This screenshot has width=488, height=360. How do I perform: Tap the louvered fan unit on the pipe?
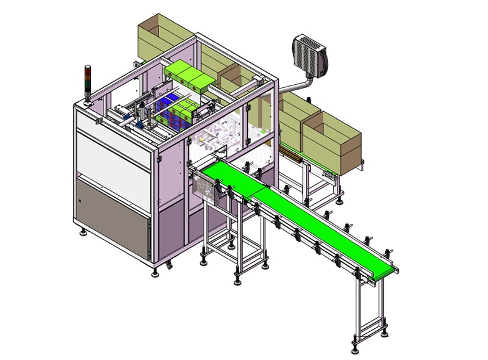(310, 54)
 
